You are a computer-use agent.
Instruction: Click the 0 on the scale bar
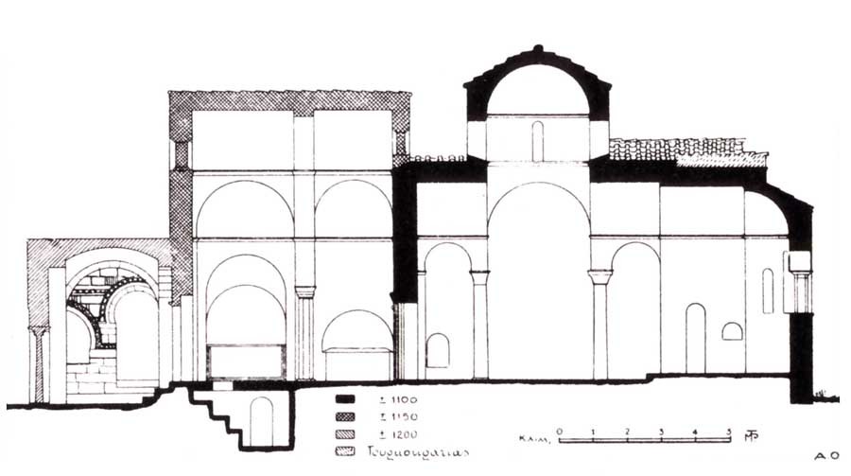coord(560,431)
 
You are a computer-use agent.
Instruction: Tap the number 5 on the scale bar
coord(728,431)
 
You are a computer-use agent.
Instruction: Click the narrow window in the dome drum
coord(537,141)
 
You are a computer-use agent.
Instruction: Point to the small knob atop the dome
coord(537,48)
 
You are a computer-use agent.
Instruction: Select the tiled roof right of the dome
coord(686,150)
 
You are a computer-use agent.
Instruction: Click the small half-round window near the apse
coord(732,331)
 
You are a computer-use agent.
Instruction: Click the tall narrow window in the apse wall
coord(768,291)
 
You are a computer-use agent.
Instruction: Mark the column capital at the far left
coord(39,331)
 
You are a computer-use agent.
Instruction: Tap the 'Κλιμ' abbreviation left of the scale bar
coord(531,439)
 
